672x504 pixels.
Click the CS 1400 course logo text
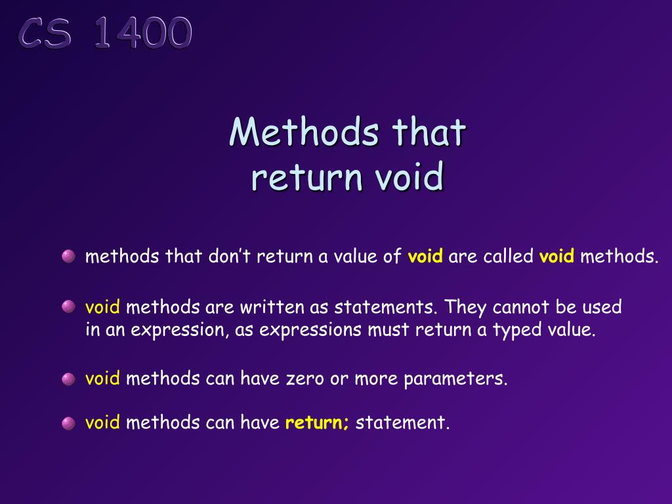[106, 33]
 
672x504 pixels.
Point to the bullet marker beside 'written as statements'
[69, 306]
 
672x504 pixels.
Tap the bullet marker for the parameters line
[69, 379]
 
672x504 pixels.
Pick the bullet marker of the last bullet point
[69, 423]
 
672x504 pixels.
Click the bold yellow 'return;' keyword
[318, 423]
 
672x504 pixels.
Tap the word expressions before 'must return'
[310, 330]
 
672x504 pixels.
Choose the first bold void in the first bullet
[426, 256]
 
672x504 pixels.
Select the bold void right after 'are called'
[557, 256]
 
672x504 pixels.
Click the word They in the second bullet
[467, 306]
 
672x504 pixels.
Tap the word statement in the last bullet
[402, 423]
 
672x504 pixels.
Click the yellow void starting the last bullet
[102, 423]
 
